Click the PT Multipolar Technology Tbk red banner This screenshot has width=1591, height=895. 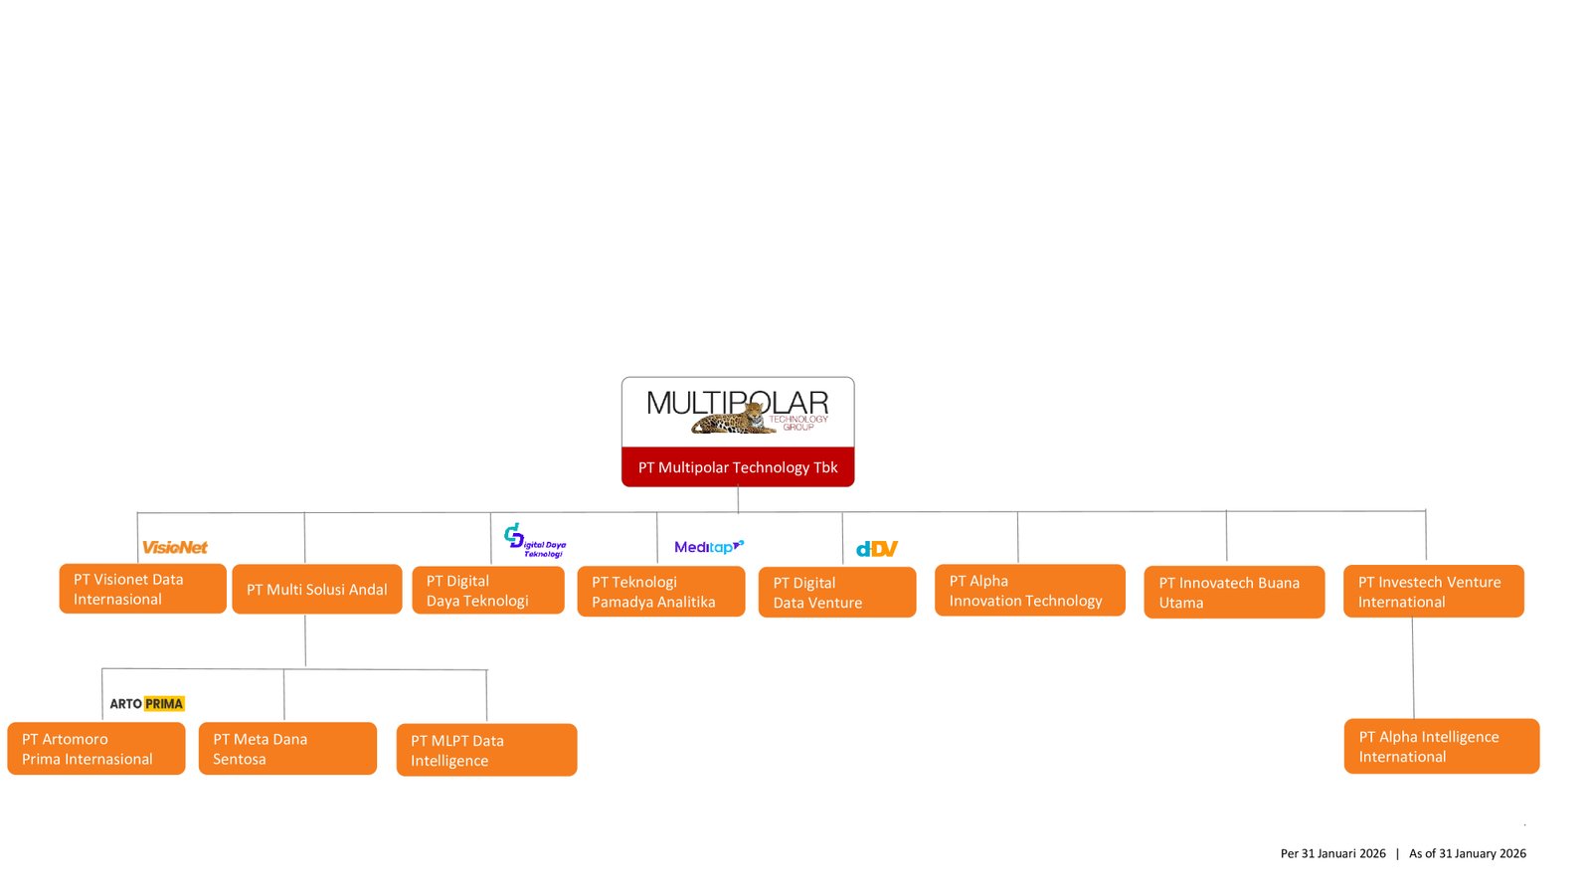tap(738, 466)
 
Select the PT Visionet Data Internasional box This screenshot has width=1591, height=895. tap(142, 589)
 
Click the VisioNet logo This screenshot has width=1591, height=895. tap(175, 547)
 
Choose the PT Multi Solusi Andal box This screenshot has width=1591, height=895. tap(317, 589)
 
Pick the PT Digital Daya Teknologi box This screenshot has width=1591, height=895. tap(488, 591)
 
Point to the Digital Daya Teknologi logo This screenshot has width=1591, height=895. tap(535, 541)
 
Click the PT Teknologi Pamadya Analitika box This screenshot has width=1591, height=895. tap(661, 592)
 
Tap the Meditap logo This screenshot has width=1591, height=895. tap(709, 546)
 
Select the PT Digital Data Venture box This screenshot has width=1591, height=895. tap(837, 593)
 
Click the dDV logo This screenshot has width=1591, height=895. tap(877, 549)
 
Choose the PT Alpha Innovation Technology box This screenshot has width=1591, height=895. tap(1029, 591)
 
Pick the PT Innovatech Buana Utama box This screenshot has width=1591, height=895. tap(1234, 593)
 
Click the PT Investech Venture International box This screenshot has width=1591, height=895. tap(1433, 592)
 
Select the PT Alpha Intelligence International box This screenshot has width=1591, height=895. tap(1441, 746)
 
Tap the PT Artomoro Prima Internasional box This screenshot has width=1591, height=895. tap(96, 749)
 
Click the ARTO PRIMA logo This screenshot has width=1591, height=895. tap(147, 704)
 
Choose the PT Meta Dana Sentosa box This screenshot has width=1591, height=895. tap(287, 749)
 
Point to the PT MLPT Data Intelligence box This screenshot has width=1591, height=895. tap(486, 750)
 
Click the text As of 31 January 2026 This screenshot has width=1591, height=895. tap(1467, 853)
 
